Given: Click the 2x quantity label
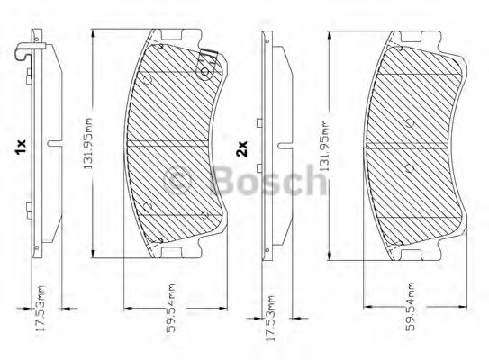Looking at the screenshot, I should click(241, 148).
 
